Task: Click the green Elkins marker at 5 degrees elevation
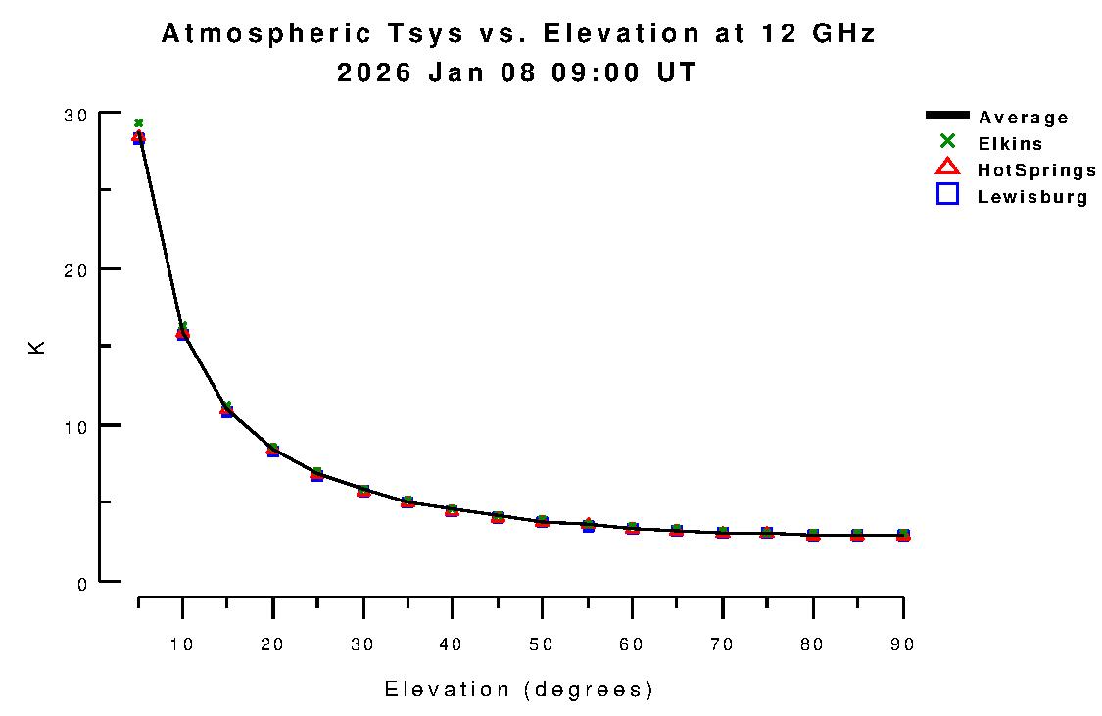(x=138, y=123)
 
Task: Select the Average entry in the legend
(x=1023, y=118)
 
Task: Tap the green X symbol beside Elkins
(x=947, y=142)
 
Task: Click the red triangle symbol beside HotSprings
(x=947, y=167)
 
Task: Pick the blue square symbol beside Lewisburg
(x=947, y=194)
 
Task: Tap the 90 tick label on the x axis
(x=902, y=644)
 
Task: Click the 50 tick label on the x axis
(x=542, y=644)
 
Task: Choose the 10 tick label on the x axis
(x=182, y=644)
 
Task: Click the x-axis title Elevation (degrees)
(x=518, y=690)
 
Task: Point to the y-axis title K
(x=37, y=347)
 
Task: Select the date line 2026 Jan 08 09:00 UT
(x=517, y=72)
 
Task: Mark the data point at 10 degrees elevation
(x=182, y=334)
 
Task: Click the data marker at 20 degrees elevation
(x=272, y=450)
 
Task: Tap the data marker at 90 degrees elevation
(x=902, y=535)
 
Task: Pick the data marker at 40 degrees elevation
(x=452, y=510)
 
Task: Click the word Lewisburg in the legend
(x=1032, y=197)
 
